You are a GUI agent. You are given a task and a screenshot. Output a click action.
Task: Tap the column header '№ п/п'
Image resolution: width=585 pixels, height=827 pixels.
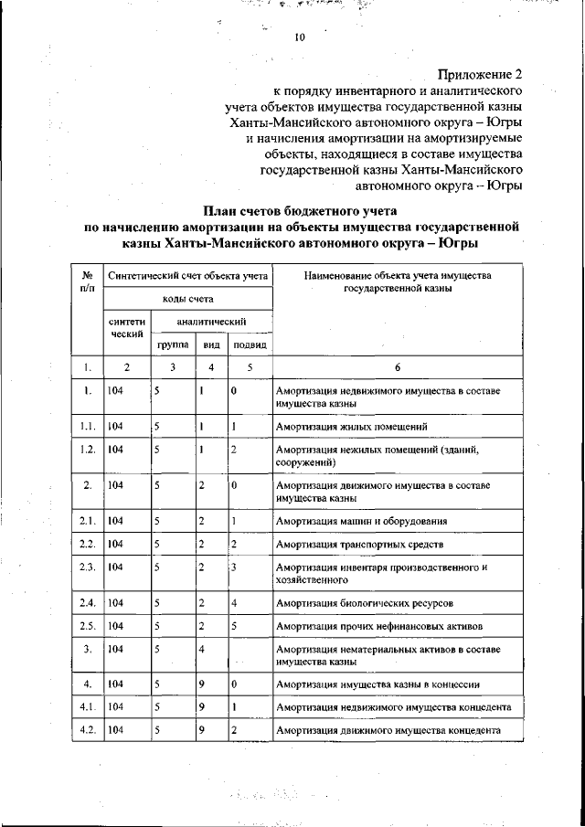pyautogui.click(x=88, y=282)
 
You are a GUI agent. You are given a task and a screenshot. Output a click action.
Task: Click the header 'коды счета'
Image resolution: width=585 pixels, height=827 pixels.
pyautogui.click(x=188, y=299)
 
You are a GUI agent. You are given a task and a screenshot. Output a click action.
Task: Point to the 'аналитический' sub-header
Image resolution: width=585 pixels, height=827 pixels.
pyautogui.click(x=212, y=322)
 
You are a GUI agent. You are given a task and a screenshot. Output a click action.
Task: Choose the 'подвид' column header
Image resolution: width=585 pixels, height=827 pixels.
pyautogui.click(x=250, y=345)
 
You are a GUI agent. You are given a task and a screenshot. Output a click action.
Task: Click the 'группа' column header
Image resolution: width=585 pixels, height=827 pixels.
pyautogui.click(x=173, y=345)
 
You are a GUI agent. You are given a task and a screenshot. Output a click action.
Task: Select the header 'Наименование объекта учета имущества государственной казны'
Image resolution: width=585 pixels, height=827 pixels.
pyautogui.click(x=398, y=281)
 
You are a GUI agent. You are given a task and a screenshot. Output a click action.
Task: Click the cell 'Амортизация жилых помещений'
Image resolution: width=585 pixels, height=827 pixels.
pyautogui.click(x=352, y=427)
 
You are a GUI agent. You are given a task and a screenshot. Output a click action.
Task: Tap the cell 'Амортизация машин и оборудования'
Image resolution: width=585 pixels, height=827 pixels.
pyautogui.click(x=362, y=521)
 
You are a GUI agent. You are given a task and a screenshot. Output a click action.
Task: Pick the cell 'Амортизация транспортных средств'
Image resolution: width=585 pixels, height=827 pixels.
pyautogui.click(x=360, y=545)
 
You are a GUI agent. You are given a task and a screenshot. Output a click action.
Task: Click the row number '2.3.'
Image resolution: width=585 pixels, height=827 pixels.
pyautogui.click(x=88, y=567)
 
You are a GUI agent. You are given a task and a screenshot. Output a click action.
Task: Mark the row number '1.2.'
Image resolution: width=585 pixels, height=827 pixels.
pyautogui.click(x=88, y=450)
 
